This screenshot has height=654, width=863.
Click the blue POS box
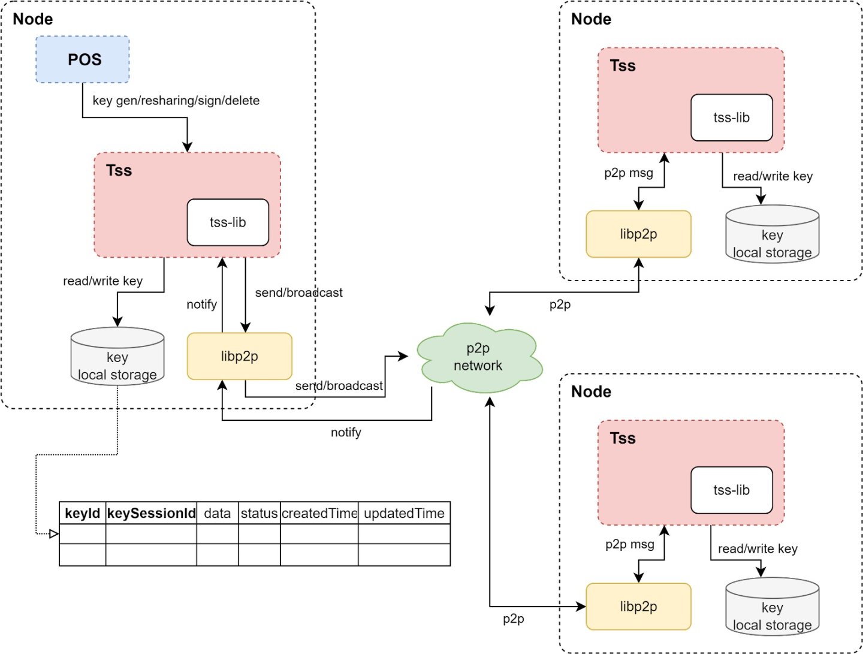[83, 59]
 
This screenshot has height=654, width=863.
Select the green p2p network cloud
[478, 357]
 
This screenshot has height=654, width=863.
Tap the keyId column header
[83, 514]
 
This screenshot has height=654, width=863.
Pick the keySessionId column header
[151, 514]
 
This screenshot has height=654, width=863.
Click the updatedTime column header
[404, 514]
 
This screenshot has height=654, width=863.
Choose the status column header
[259, 514]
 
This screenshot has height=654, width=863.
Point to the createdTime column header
[319, 514]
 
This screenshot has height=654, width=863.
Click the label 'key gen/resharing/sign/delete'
[176, 101]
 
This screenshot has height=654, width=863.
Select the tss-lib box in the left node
[228, 222]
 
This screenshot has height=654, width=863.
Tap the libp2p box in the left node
[239, 356]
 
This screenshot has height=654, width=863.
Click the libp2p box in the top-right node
[638, 234]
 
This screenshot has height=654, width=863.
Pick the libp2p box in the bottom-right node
[638, 607]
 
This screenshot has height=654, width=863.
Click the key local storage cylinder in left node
[117, 358]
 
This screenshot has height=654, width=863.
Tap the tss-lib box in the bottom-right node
[731, 490]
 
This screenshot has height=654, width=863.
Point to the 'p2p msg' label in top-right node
[628, 173]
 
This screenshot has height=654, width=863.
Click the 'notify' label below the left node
[346, 432]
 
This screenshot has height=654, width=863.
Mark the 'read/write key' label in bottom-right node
[758, 549]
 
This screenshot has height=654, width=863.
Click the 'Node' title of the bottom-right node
[591, 392]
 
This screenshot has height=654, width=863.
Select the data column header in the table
[217, 514]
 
